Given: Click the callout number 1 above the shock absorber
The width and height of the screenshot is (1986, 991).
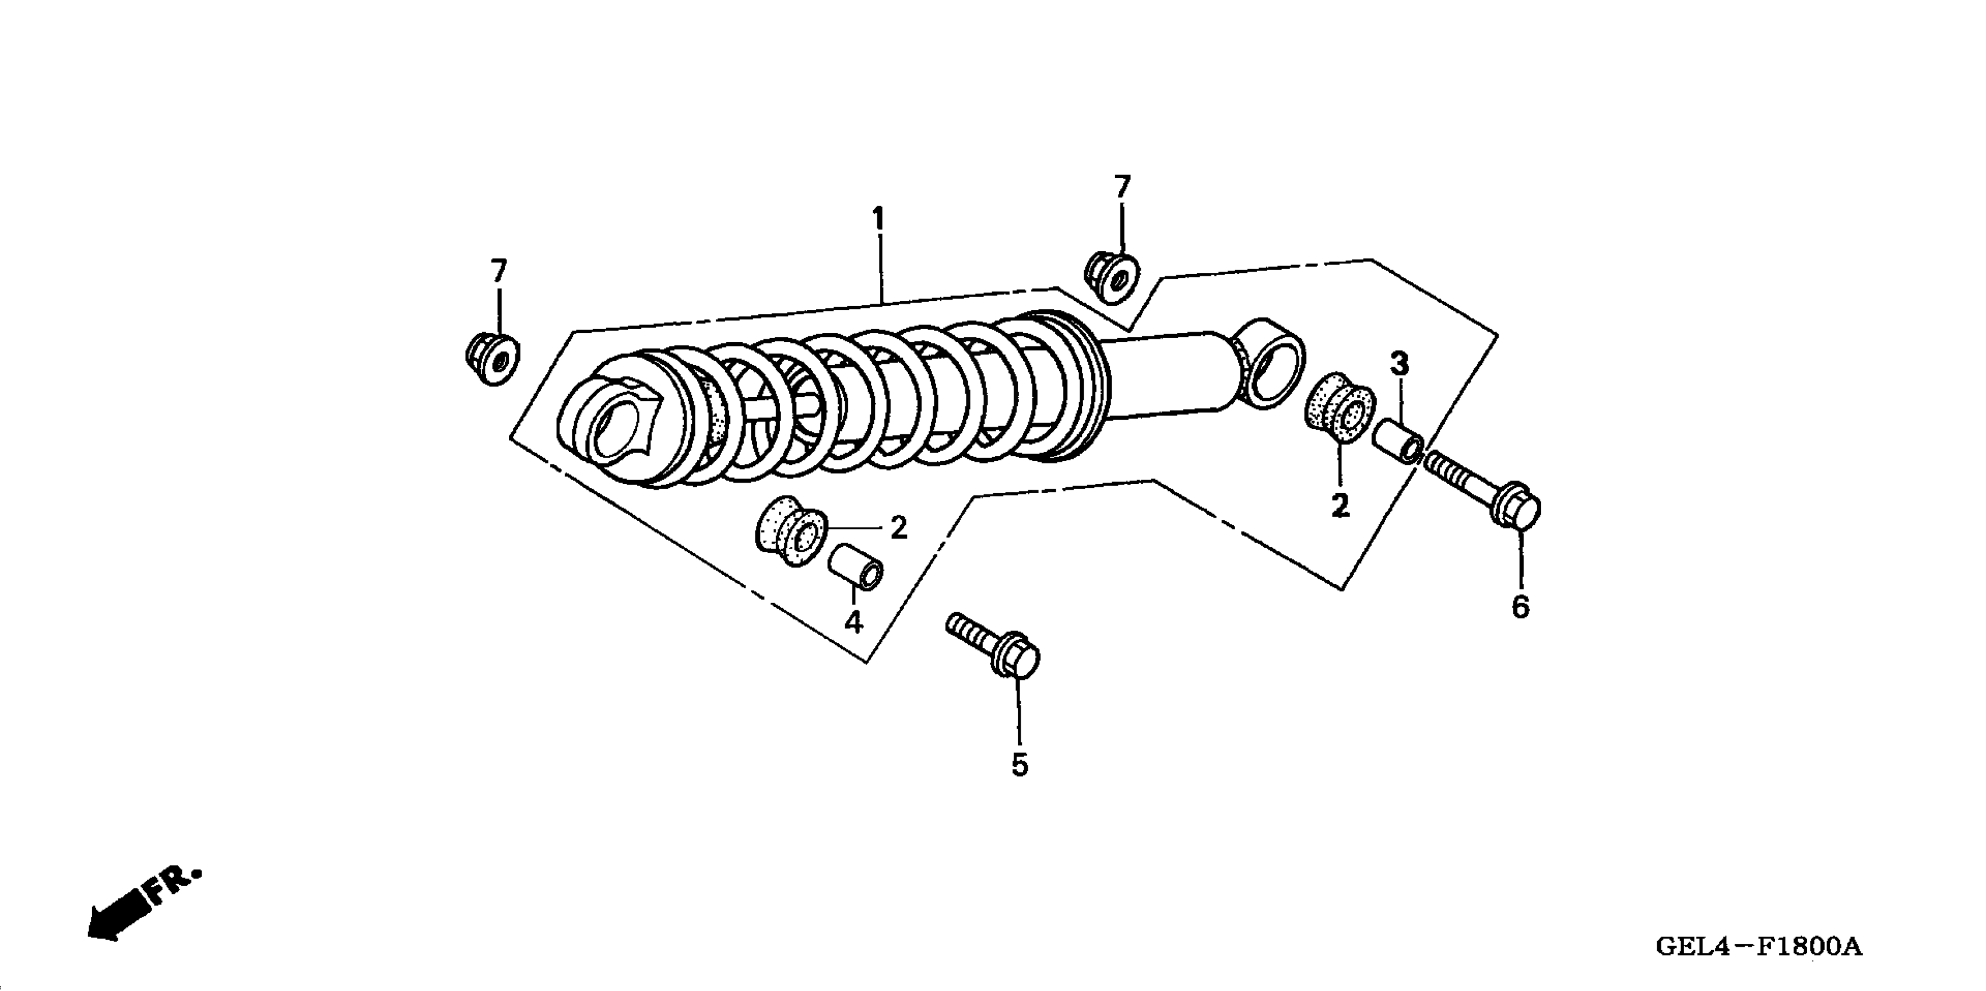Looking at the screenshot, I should pyautogui.click(x=877, y=220).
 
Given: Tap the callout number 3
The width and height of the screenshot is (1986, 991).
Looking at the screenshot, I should pyautogui.click(x=1400, y=363).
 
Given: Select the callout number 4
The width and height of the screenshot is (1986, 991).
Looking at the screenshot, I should pyautogui.click(x=853, y=621).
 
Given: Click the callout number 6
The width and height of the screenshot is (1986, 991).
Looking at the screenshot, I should pyautogui.click(x=1520, y=607).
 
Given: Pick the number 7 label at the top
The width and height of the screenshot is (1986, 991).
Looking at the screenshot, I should pyautogui.click(x=1123, y=187).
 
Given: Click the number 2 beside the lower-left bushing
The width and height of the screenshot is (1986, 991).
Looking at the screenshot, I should pyautogui.click(x=898, y=528).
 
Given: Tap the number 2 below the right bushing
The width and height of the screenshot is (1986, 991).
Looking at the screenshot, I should pyautogui.click(x=1340, y=506).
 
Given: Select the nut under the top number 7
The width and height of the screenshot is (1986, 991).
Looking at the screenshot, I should pyautogui.click(x=1113, y=275).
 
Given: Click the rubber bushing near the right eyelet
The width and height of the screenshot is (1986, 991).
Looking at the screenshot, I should pyautogui.click(x=1340, y=408).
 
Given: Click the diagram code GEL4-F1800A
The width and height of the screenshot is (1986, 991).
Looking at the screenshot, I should pyautogui.click(x=1759, y=946).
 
